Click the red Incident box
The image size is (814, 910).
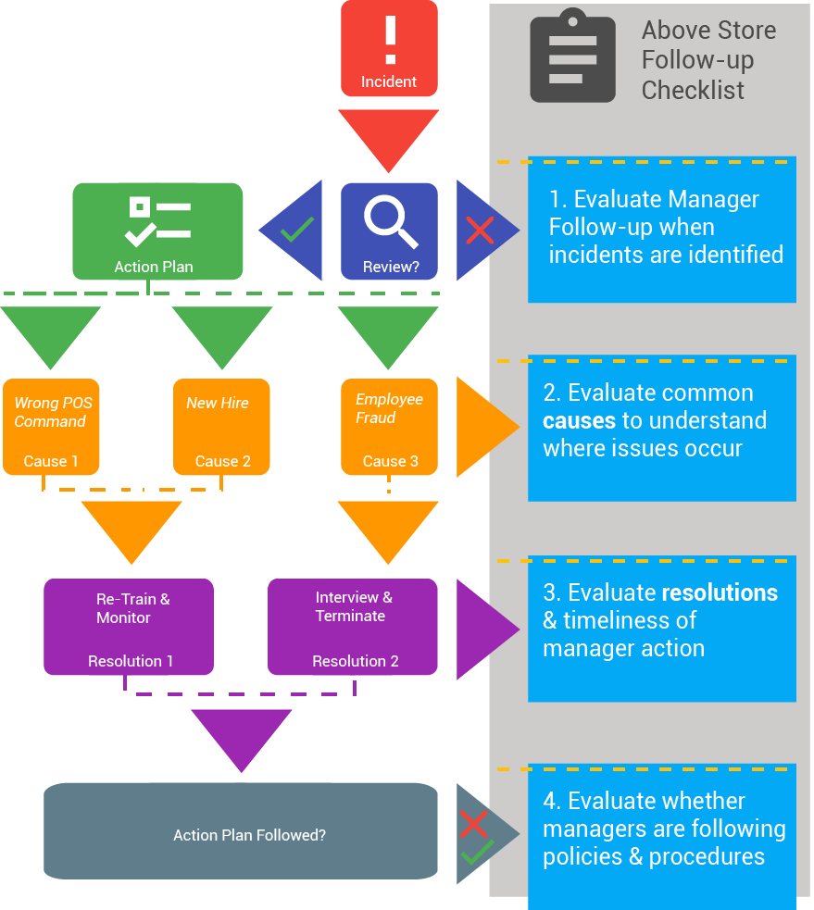[x=389, y=48]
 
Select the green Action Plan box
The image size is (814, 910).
[x=157, y=231]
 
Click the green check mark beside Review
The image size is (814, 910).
[x=297, y=229]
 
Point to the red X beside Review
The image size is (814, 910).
[x=480, y=231]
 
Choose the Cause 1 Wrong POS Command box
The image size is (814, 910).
[x=51, y=427]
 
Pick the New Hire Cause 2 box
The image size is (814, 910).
[x=221, y=427]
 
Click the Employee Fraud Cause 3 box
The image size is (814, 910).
[x=389, y=427]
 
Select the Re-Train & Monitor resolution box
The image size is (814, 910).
[x=129, y=627]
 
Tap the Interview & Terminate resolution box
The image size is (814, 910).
[x=353, y=627]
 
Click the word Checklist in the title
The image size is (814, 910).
[x=693, y=90]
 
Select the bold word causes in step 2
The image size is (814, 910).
[x=579, y=421]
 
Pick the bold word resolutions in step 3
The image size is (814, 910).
[x=720, y=592]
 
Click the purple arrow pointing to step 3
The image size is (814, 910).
[x=486, y=627]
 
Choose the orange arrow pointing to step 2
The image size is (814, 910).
[x=486, y=427]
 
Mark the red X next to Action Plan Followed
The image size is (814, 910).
[x=473, y=823]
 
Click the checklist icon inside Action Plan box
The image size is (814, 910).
[x=158, y=221]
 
